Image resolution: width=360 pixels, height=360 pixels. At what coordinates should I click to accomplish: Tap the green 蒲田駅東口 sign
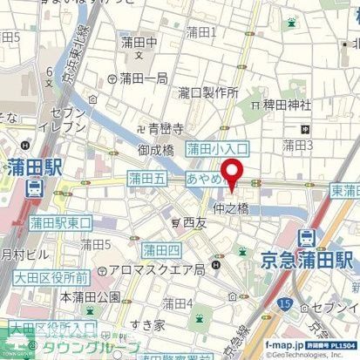60,222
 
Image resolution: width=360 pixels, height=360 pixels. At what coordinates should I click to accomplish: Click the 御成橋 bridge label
157,150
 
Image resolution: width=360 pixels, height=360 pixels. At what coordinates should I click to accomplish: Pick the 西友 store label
192,223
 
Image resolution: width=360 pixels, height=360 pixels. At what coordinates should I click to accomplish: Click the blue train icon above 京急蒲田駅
306,235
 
